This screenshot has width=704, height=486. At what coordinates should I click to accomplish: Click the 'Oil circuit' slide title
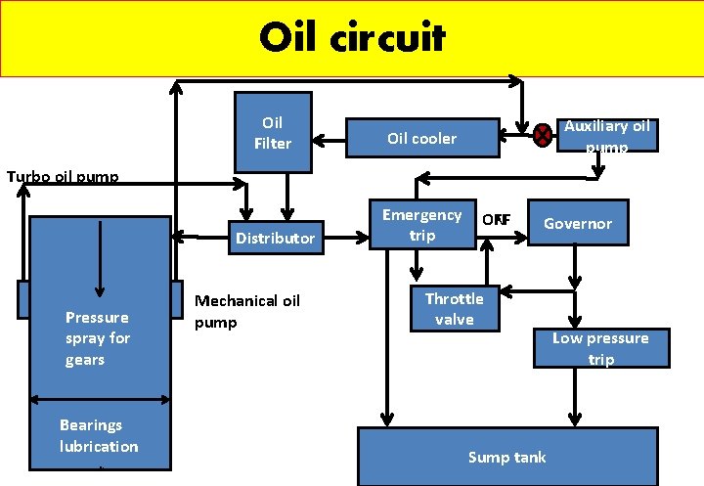point(352,38)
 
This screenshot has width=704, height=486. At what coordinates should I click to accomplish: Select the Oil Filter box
point(273,133)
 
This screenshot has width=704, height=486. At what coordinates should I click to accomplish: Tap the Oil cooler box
point(421,138)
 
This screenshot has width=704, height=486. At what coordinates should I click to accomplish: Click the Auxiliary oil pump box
point(606,135)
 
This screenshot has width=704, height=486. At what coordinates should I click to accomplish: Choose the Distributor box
point(275,238)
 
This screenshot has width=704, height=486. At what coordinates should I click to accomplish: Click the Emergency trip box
point(421,225)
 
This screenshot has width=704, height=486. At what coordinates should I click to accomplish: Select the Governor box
point(577,223)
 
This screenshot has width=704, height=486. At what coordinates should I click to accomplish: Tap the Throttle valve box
point(454,309)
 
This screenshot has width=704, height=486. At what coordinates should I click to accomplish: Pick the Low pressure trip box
point(600,348)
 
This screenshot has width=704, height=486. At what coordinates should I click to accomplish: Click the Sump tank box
point(506,457)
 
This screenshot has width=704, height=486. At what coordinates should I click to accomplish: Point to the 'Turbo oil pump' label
point(63,177)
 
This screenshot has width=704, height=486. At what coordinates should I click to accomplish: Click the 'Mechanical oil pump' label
point(247,311)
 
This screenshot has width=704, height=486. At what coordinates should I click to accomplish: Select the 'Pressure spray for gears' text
point(98,338)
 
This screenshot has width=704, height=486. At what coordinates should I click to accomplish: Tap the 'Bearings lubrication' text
point(98,435)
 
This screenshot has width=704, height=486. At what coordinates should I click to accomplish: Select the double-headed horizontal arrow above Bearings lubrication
point(100,399)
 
